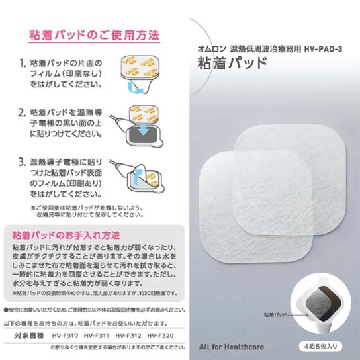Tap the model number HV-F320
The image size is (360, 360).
point(161,336)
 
